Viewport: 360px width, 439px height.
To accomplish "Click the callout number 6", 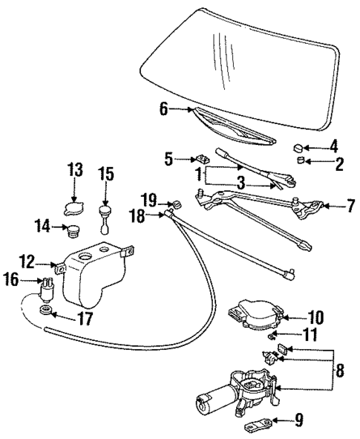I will [163, 110].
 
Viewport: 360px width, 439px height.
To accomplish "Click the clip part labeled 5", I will [200, 158].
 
